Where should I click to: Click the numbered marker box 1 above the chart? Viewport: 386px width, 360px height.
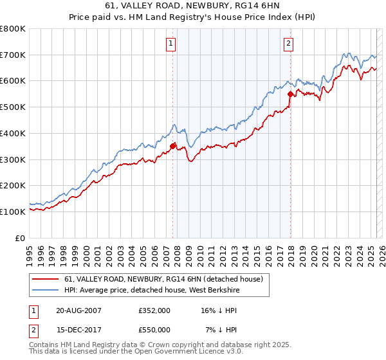171,44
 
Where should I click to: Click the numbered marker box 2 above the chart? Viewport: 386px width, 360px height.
288,44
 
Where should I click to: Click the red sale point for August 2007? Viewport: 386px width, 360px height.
172,146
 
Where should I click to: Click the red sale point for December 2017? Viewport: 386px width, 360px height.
290,94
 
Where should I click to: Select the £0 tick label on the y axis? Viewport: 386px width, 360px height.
20,238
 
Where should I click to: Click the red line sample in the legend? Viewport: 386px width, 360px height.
46,280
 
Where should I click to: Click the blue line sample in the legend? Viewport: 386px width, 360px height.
46,291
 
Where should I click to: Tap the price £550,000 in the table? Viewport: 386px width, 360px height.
154,329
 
